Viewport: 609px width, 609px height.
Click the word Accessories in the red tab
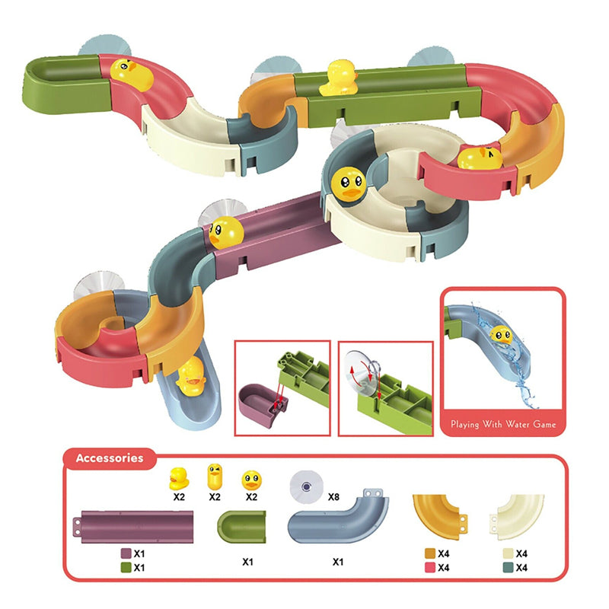coord(110,458)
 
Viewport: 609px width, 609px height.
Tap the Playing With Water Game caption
coord(503,424)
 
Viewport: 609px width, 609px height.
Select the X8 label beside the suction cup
coord(333,497)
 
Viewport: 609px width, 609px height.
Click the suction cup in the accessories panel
coord(307,486)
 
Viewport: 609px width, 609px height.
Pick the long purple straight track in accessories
coord(133,527)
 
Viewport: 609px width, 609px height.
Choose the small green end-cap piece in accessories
coord(241,527)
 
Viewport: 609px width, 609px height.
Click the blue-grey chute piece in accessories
coord(338,516)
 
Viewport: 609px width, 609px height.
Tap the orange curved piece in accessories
coord(440,517)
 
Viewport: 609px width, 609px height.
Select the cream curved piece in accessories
coord(517,517)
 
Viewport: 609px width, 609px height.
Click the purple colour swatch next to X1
coord(126,553)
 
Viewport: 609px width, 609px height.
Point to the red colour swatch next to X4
coord(430,567)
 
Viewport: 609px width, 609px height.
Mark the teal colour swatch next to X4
coord(508,567)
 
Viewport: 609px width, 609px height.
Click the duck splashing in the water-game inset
coord(501,335)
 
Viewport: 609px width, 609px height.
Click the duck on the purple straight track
coord(226,232)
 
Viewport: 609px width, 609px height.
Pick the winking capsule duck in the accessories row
coord(215,477)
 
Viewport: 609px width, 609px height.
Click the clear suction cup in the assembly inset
coord(362,374)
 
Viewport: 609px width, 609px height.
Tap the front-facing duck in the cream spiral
coord(349,184)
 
